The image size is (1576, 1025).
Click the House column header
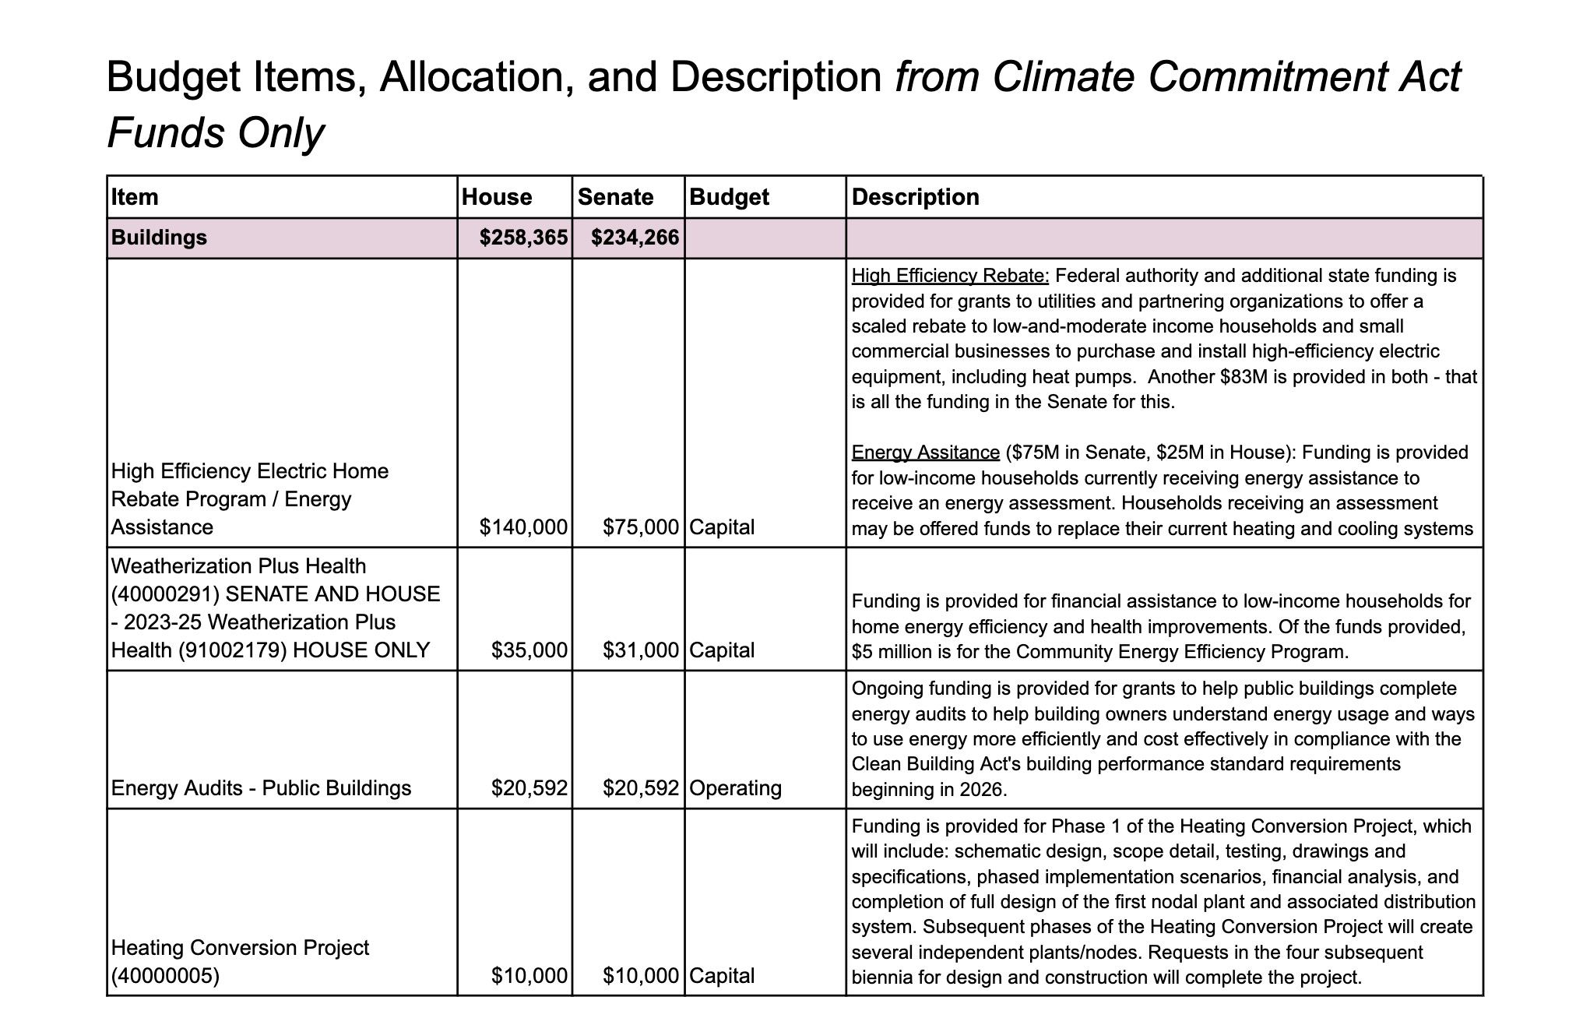(x=497, y=197)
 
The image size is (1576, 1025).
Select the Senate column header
(x=615, y=197)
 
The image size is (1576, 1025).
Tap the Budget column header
(x=729, y=197)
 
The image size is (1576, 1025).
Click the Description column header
(x=915, y=197)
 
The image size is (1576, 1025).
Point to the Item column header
(x=135, y=197)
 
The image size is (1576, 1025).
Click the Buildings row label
(x=159, y=238)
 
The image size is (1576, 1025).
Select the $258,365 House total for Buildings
(x=523, y=238)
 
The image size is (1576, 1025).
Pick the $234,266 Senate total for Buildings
(x=635, y=238)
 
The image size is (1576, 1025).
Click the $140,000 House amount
(x=523, y=527)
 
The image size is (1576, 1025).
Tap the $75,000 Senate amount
(x=641, y=527)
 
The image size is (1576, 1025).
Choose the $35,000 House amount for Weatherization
(x=529, y=650)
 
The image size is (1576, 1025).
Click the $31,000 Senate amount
(x=641, y=650)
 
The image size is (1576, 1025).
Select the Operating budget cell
(x=735, y=788)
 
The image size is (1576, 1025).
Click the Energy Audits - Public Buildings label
(x=261, y=788)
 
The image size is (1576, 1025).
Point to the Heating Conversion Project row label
(x=240, y=961)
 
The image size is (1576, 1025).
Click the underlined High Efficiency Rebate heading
(x=950, y=276)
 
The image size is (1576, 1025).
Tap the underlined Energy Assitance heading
(x=925, y=453)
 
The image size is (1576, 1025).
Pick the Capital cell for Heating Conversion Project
(x=722, y=976)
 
